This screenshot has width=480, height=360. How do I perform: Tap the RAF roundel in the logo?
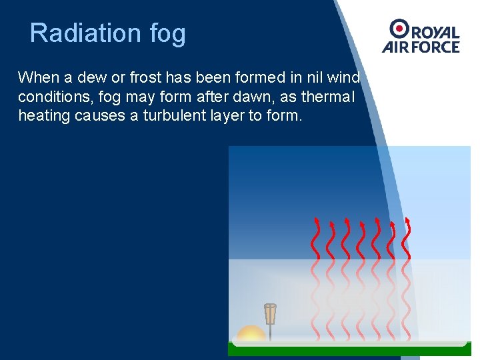(x=400, y=29)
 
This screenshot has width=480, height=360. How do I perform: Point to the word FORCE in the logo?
(x=435, y=47)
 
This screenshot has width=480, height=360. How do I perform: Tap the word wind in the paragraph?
(x=344, y=77)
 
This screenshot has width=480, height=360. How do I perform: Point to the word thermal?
(x=328, y=97)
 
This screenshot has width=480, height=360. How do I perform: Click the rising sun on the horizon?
(x=251, y=333)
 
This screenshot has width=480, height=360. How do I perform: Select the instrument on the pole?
(x=270, y=313)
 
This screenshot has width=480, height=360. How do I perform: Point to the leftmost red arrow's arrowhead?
(x=317, y=221)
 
